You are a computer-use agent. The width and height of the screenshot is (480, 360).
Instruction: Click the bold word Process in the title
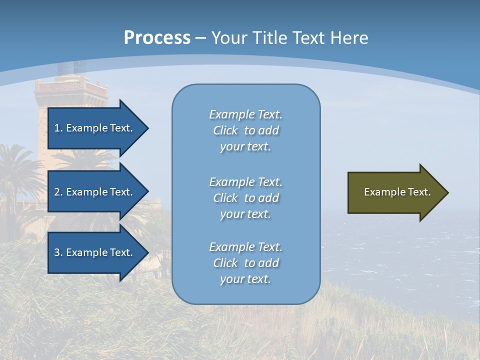point(157,38)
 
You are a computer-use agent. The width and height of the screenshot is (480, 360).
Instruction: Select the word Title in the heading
point(270,38)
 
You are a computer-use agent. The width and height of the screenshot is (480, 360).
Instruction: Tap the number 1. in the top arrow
point(58,128)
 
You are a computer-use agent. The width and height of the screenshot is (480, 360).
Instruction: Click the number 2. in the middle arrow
point(58,192)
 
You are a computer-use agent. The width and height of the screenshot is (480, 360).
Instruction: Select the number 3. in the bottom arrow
point(58,252)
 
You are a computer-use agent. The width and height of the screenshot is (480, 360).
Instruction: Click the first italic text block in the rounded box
point(246,130)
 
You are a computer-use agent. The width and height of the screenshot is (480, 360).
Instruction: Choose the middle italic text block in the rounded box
point(246,198)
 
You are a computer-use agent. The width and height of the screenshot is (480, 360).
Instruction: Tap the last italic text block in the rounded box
point(246,263)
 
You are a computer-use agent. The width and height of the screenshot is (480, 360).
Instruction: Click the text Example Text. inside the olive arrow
point(397,192)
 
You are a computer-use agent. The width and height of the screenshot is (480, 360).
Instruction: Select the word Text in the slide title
point(309,38)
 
